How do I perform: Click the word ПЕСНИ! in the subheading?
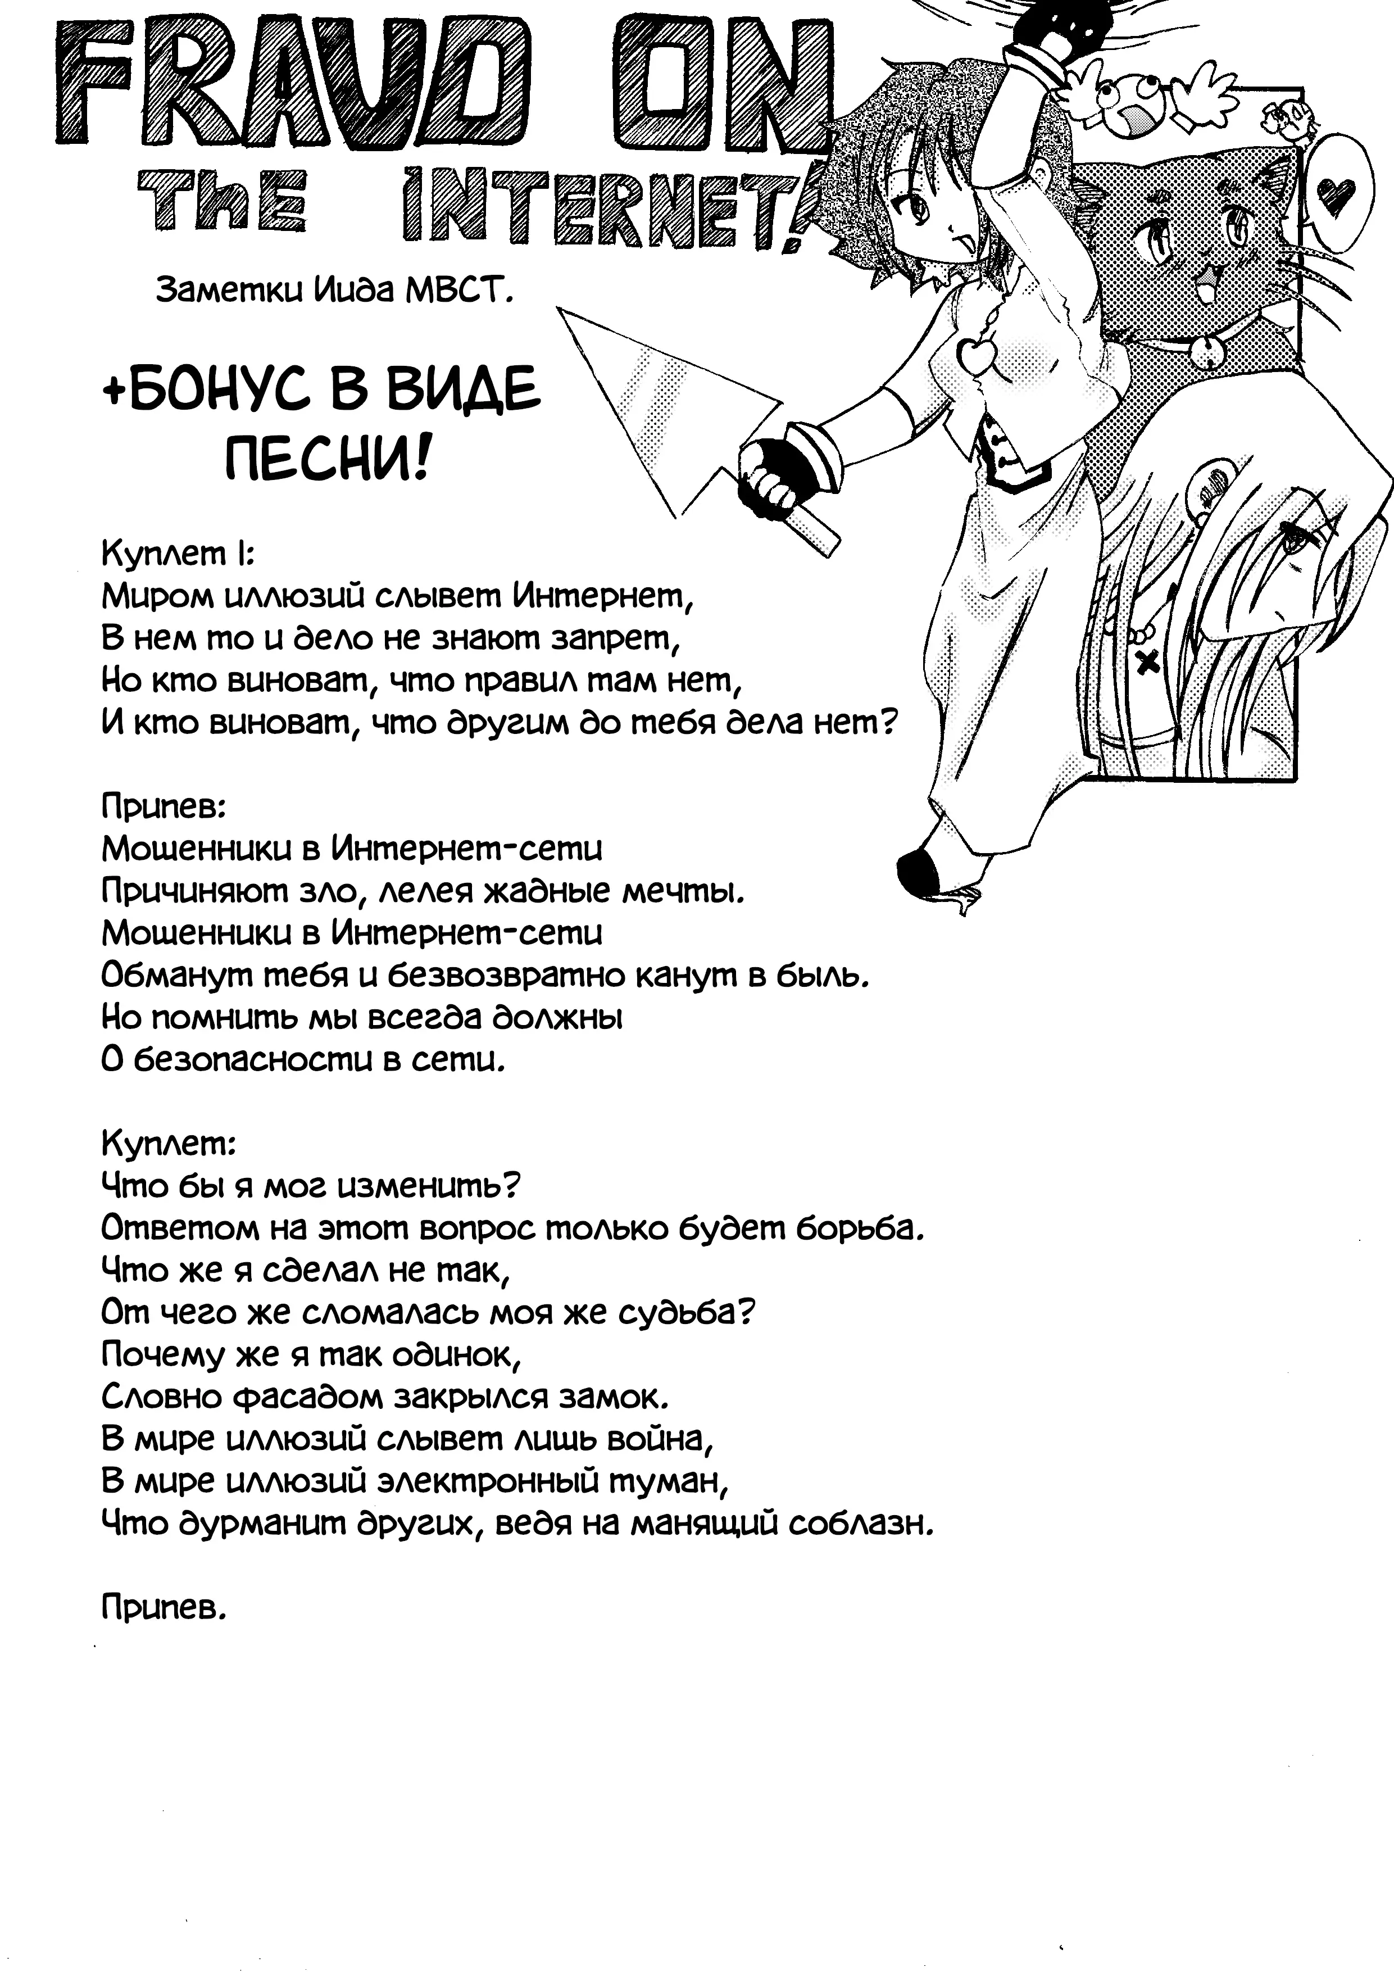(x=326, y=464)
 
